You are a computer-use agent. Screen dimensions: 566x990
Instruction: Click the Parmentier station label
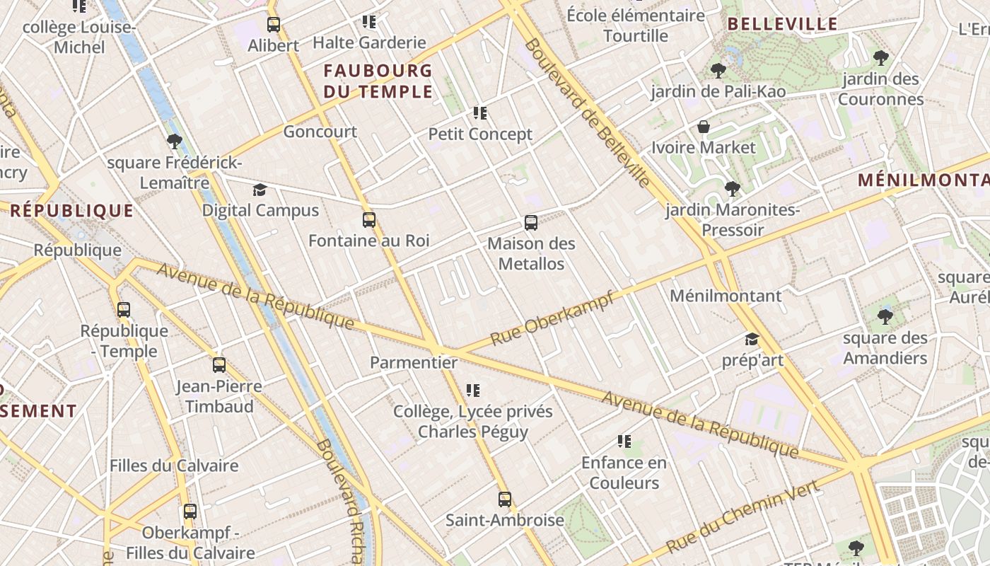click(x=414, y=363)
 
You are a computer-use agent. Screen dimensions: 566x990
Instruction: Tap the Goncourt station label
click(x=320, y=132)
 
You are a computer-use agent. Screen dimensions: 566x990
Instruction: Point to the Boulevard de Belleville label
click(x=588, y=113)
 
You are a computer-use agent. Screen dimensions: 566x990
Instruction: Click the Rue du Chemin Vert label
click(x=744, y=516)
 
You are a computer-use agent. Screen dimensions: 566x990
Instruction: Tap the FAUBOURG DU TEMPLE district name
click(x=378, y=81)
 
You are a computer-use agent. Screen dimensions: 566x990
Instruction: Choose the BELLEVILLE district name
click(x=783, y=24)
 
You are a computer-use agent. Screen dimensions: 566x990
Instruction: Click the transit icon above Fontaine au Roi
click(x=369, y=220)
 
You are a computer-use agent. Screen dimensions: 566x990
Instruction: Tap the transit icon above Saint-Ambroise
click(x=504, y=499)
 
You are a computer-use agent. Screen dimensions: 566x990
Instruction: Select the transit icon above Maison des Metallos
click(x=531, y=223)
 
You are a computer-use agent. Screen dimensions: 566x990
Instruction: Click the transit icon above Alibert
click(x=274, y=25)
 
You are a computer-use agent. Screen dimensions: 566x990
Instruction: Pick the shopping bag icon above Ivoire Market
click(x=704, y=127)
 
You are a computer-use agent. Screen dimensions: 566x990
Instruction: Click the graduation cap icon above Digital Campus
click(x=260, y=190)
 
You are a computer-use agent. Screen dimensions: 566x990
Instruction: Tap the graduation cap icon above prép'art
click(x=752, y=340)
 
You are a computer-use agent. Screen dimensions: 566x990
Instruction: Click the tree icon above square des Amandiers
click(x=885, y=317)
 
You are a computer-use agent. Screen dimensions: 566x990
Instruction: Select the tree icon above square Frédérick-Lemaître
click(x=175, y=141)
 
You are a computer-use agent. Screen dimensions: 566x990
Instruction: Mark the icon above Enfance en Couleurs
click(x=624, y=442)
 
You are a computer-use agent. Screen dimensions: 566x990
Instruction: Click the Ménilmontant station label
click(x=726, y=296)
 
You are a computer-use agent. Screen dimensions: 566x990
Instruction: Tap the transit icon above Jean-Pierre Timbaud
click(x=219, y=366)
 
